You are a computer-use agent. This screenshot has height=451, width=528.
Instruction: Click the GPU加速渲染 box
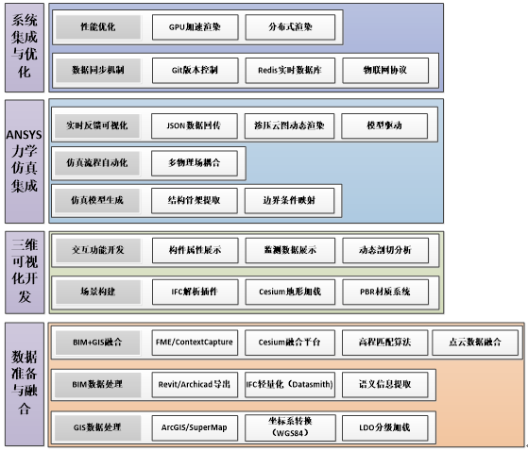coord(196,27)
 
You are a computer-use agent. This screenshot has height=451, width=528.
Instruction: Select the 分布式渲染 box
coord(289,27)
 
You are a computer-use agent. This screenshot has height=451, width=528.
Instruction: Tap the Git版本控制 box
coord(196,70)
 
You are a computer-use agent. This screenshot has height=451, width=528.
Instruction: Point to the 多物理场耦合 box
coord(196,162)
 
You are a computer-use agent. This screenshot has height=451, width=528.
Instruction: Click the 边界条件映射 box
coord(289,200)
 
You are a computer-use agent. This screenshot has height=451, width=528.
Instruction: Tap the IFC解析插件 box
coord(196,292)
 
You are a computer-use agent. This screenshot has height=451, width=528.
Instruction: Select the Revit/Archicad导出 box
coord(196,385)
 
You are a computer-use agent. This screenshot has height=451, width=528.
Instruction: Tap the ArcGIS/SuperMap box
coord(196,427)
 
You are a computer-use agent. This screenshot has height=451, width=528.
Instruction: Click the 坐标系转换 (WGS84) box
coord(289,427)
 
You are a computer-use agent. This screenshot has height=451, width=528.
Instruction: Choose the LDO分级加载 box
coord(383,427)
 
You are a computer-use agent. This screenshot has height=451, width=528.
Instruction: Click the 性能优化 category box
coord(98,27)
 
